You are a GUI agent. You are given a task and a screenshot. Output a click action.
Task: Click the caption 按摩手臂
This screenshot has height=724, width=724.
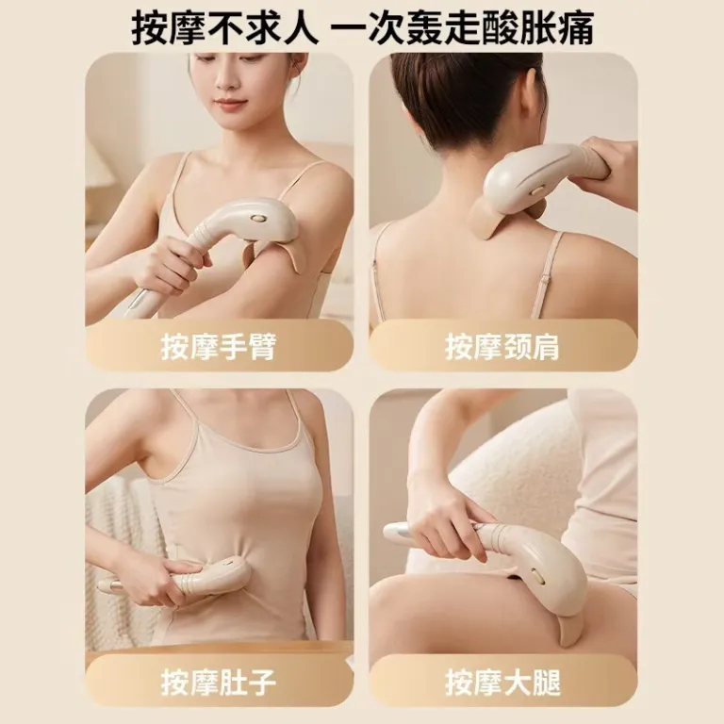pos(219,347)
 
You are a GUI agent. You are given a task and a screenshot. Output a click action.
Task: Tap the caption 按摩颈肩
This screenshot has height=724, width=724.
pos(502,347)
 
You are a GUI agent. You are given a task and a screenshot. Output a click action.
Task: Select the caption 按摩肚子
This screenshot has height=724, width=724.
pos(219,683)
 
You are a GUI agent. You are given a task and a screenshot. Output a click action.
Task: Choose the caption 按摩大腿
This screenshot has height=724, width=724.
pos(502,683)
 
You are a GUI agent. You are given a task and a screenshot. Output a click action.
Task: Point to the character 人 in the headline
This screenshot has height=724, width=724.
pos(298,27)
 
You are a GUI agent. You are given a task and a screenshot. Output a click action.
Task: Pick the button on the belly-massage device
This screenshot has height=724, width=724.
pos(229,563)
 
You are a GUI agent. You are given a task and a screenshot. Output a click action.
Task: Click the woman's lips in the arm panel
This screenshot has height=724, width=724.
pos(230,104)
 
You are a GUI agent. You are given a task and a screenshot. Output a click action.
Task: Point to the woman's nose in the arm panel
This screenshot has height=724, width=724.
pos(225,83)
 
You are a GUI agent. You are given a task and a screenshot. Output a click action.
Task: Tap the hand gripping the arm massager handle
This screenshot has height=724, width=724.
pos(171,268)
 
